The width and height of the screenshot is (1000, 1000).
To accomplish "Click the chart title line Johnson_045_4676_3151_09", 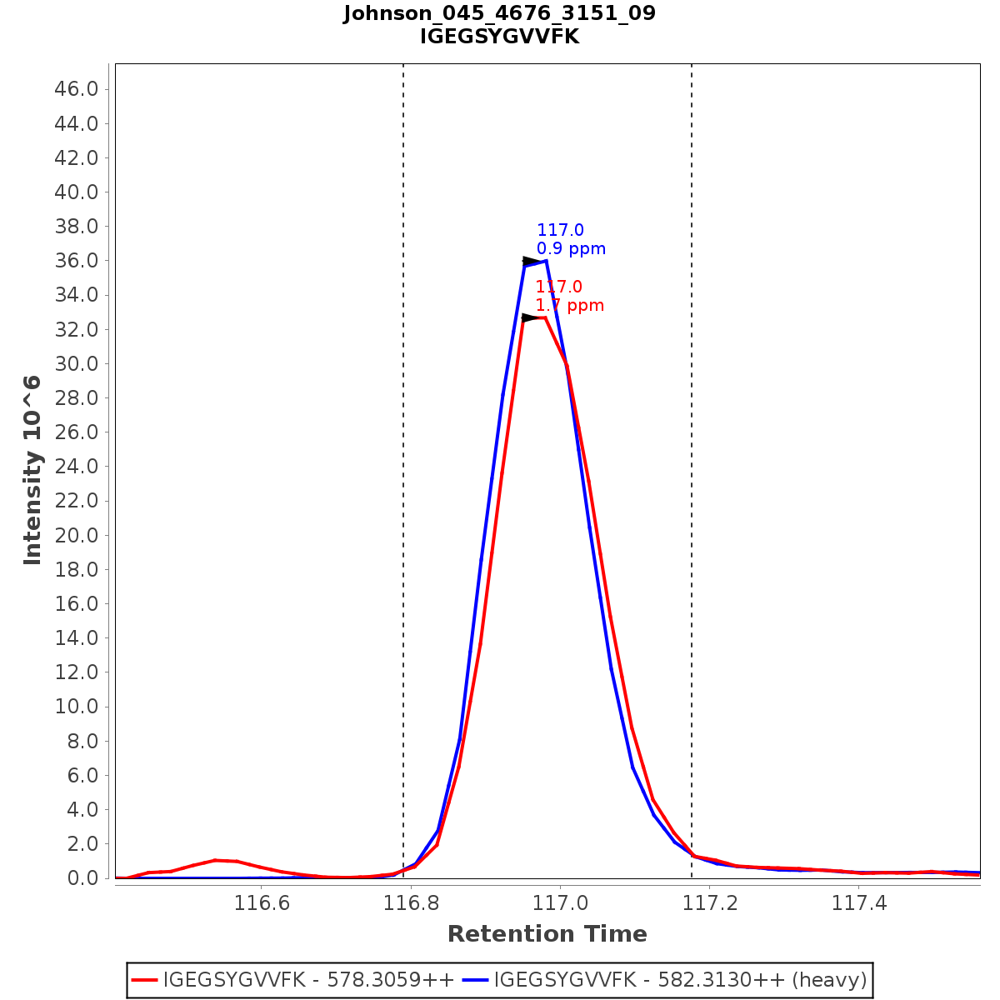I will pos(499,13).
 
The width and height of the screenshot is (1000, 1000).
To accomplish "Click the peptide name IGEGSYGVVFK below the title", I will pos(499,37).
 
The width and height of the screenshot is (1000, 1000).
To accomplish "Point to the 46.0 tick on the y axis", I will pos(77,89).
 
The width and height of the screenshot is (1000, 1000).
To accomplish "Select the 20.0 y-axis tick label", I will pos(77,535).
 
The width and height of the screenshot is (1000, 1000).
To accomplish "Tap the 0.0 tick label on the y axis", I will pos(82,878).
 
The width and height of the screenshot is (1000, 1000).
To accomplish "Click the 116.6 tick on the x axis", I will pos(261,903).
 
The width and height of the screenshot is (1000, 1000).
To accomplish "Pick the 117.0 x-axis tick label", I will pos(560,903).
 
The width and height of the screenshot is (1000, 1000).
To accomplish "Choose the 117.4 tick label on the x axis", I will pos(859,903).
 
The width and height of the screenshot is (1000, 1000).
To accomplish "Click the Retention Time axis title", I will pos(547,934).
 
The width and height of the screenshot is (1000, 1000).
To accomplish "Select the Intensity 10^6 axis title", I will pos(32,470).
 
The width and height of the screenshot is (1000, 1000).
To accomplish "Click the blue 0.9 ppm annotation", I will pos(571,249).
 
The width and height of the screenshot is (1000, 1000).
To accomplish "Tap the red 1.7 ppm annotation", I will pos(569,306).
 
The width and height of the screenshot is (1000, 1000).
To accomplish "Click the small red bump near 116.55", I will pos(216,861).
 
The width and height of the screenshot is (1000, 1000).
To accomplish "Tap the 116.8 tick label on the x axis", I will pos(410,903).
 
